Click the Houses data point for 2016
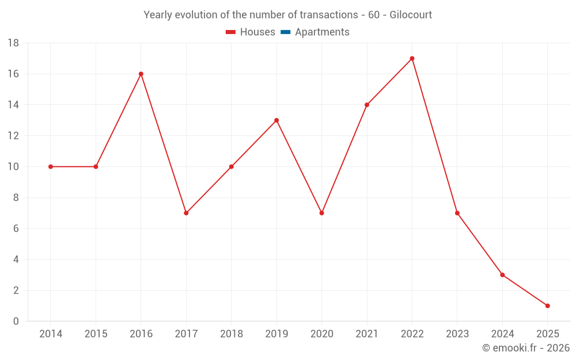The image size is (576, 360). [x=141, y=74]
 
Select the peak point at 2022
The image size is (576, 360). [x=412, y=58]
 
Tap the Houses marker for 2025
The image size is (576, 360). [x=547, y=306]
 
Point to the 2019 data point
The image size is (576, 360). [x=276, y=120]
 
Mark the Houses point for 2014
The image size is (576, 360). [x=51, y=166]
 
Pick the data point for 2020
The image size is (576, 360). [x=321, y=213]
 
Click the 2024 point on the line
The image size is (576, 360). [x=502, y=275]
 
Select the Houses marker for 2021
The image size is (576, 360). [x=367, y=105]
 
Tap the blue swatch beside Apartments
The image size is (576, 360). [x=285, y=32]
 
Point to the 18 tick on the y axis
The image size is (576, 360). [x=13, y=43]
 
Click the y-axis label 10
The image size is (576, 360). [x=13, y=167]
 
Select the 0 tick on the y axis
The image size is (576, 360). [x=16, y=321]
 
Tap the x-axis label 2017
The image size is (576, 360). [x=186, y=334]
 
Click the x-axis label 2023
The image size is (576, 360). [x=457, y=334]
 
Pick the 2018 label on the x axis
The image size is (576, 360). [x=231, y=334]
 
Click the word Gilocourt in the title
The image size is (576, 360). [x=411, y=15]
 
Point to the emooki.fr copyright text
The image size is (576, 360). [x=526, y=348]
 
